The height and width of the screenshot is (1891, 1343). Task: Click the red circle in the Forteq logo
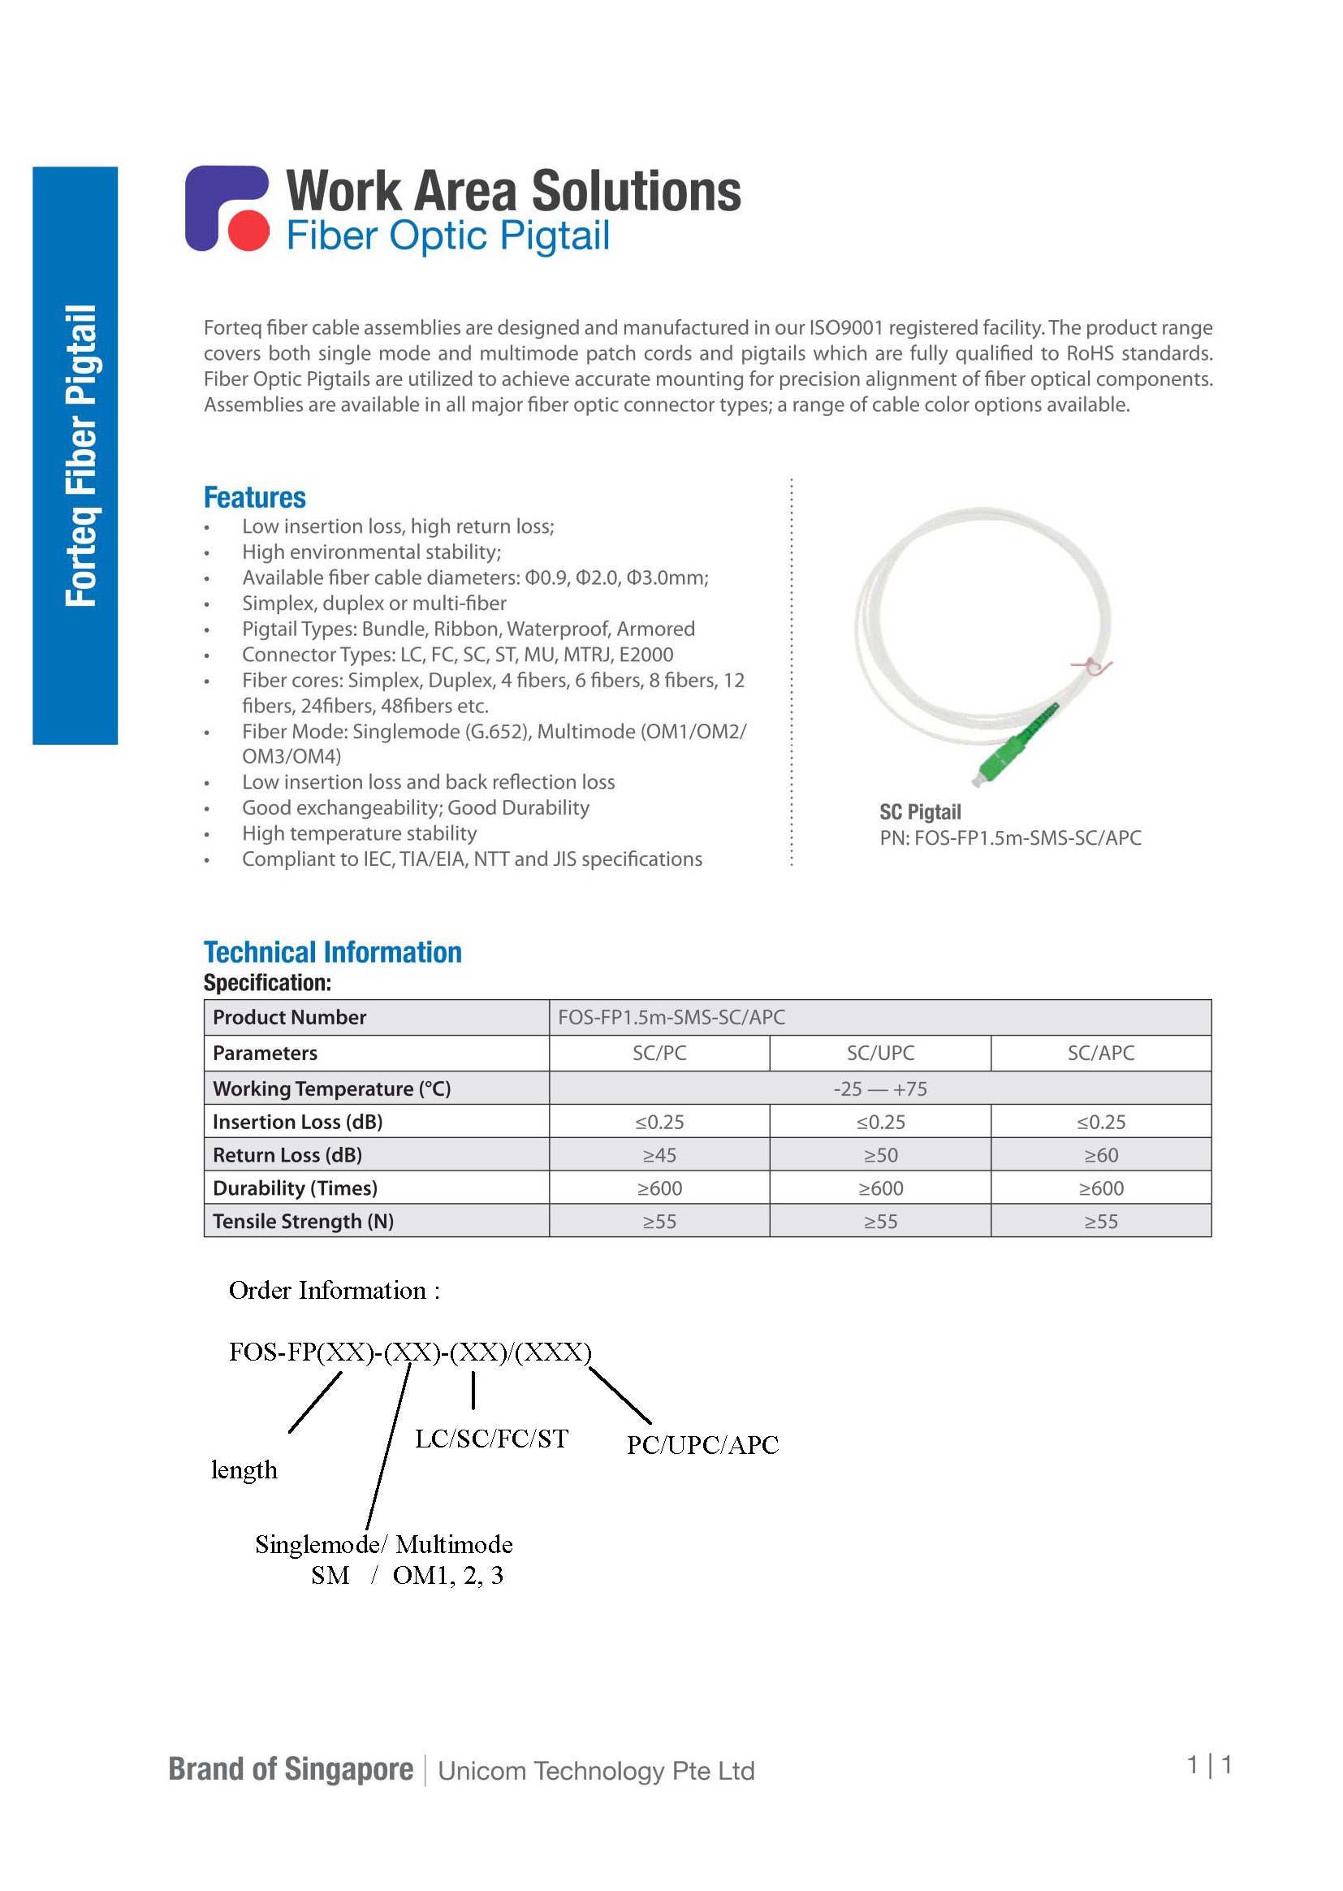pos(248,232)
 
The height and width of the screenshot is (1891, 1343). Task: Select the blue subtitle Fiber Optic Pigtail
pos(447,236)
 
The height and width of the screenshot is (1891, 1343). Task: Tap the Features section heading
pos(255,498)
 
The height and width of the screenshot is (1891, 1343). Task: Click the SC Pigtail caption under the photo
pos(920,812)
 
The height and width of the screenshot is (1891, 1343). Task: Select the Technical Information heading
pos(332,952)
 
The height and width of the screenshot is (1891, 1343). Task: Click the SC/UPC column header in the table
pos(880,1053)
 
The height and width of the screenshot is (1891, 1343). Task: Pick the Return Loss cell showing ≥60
pos(1101,1155)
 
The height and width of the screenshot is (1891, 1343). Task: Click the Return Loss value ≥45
pos(659,1155)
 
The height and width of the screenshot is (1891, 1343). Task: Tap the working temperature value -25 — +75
pos(880,1088)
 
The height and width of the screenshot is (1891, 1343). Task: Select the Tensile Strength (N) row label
pos(303,1221)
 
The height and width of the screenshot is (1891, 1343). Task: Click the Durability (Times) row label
pos(295,1188)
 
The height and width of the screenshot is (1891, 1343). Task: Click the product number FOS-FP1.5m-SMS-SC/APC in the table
pos(671,1018)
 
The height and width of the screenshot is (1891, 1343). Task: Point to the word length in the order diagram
pos(244,1471)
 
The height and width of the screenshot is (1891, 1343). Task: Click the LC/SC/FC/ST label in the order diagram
pos(491,1439)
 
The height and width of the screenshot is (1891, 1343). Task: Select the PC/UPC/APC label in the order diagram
pos(702,1445)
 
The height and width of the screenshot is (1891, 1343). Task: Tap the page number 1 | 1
pos(1209,1765)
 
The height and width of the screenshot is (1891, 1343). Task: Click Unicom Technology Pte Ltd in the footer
pos(595,1771)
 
